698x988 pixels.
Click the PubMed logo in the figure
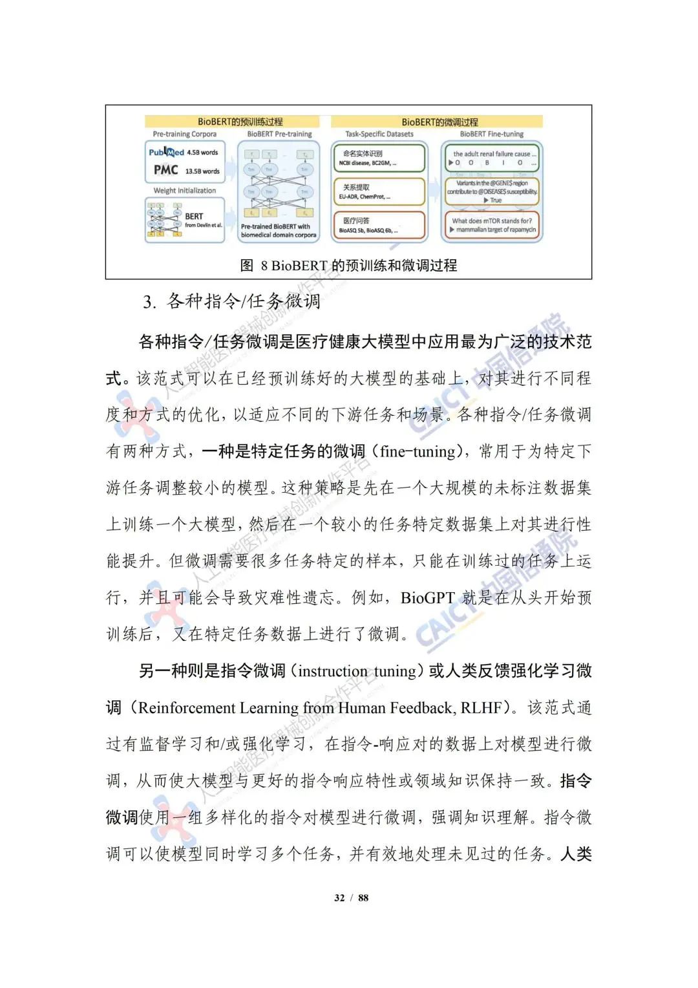tap(167, 153)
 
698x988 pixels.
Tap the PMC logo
tap(165, 170)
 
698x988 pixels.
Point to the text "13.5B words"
tap(202, 171)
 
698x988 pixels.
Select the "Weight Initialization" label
tap(185, 191)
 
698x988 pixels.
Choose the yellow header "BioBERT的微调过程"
tap(439, 122)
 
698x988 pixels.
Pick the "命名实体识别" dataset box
tap(379, 158)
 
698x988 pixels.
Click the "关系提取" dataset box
tap(379, 191)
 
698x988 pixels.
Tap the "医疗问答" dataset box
tap(379, 225)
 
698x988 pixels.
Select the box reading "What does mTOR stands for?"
tap(492, 225)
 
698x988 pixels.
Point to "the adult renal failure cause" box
tap(492, 158)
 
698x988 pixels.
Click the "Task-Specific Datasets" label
tap(379, 134)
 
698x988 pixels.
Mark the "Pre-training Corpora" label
tap(185, 134)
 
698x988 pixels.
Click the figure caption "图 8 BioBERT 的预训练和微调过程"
tap(348, 265)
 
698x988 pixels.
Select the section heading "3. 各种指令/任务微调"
tap(231, 301)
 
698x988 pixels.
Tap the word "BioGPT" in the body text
tap(428, 597)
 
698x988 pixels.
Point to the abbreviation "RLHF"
tap(481, 708)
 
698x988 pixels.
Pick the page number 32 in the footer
tap(339, 897)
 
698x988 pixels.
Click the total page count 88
tap(363, 897)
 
